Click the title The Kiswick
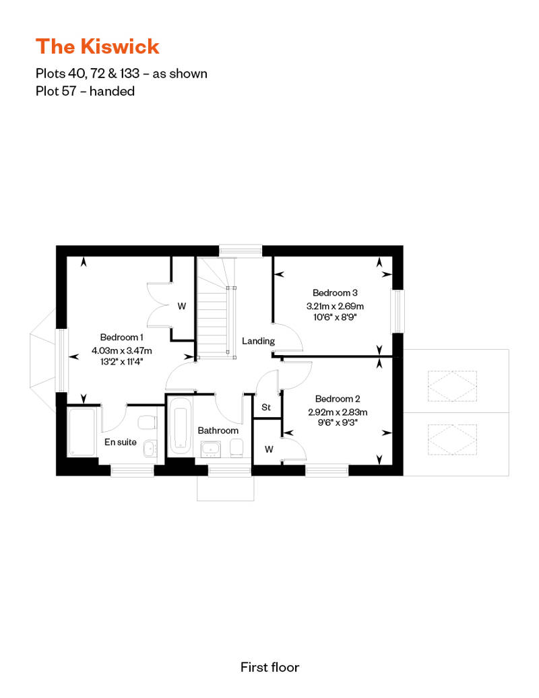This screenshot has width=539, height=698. tap(97, 46)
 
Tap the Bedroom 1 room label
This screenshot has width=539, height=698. tap(121, 338)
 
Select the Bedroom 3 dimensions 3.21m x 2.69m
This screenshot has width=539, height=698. tap(335, 307)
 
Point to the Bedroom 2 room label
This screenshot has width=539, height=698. tap(338, 399)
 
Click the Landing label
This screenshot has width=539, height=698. tap(258, 341)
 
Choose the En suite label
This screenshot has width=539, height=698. tap(120, 442)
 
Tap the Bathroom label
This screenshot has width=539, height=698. tap(218, 431)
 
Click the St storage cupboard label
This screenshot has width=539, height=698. tap(266, 408)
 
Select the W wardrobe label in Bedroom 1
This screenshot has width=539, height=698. tap(182, 307)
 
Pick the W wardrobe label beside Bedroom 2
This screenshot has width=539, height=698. tap(269, 449)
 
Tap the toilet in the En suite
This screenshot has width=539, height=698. tap(147, 422)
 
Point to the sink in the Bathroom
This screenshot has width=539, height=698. tap(210, 449)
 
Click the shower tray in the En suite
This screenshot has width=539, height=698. tap(82, 432)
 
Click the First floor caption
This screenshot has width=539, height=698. tap(269, 667)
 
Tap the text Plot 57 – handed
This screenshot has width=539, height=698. tap(85, 91)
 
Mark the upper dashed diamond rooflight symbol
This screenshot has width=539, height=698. tap(452, 387)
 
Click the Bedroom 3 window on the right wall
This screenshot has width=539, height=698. tap(398, 311)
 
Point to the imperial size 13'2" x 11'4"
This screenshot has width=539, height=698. tap(121, 362)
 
